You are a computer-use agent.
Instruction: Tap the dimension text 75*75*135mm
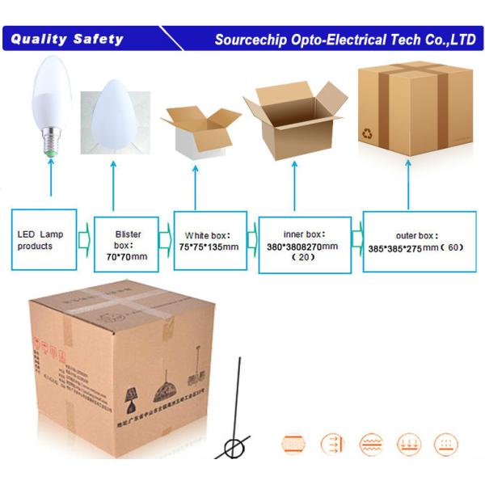coord(209,247)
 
